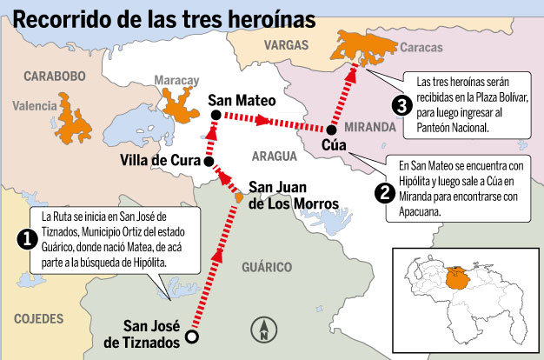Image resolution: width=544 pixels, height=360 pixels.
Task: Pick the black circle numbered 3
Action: tap(401, 106)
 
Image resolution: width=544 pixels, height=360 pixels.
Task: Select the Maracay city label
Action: tap(177, 80)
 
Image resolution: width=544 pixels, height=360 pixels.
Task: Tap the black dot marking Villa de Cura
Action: tap(209, 161)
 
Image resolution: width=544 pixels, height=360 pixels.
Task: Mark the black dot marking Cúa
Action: tap(331, 129)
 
